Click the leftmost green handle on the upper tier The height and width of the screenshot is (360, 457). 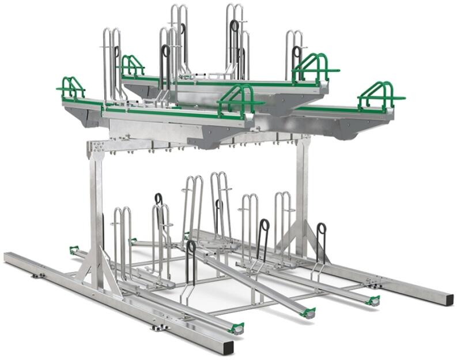click(x=71, y=87)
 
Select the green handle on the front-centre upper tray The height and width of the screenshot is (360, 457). click(x=237, y=98)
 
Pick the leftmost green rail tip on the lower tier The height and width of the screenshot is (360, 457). click(x=73, y=250)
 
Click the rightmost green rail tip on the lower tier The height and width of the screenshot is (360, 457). click(x=374, y=300)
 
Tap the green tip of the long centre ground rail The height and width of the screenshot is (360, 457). click(x=309, y=313)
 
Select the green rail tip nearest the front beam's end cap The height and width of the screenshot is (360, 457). click(x=236, y=328)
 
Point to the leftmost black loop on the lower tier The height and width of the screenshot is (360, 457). click(x=158, y=199)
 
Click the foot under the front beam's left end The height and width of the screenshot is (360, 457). click(x=38, y=275)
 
